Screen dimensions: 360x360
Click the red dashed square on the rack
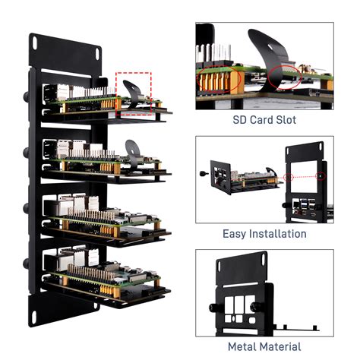[134, 93]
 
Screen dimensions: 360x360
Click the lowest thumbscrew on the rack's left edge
[28, 262]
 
